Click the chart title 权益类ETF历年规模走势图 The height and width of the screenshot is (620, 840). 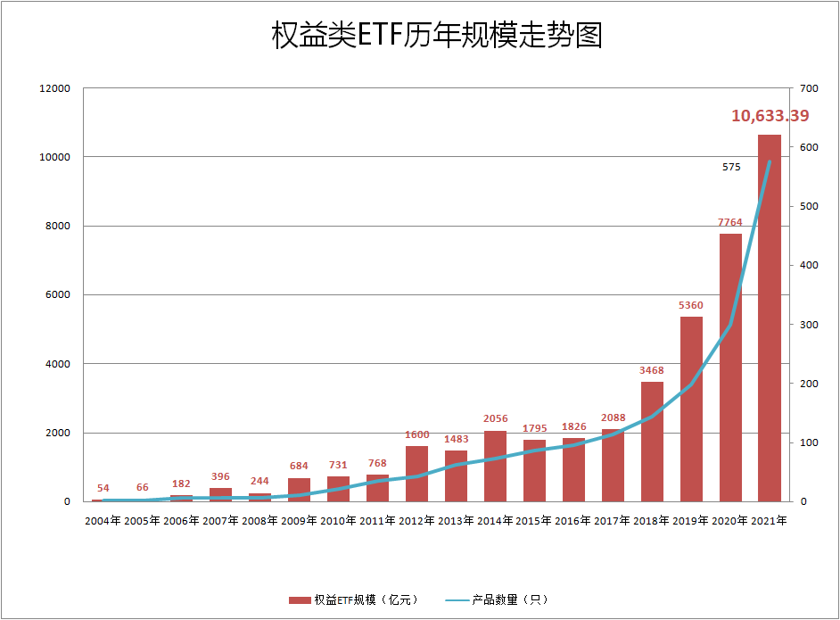pyautogui.click(x=437, y=35)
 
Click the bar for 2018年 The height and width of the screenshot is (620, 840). pyautogui.click(x=652, y=442)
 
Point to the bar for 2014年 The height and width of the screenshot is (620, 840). pyautogui.click(x=495, y=466)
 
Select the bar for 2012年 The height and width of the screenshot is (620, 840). pyautogui.click(x=416, y=474)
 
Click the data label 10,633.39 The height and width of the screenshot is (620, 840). pyautogui.click(x=770, y=116)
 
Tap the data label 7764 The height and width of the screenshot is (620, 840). pyautogui.click(x=730, y=222)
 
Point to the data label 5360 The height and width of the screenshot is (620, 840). pyautogui.click(x=691, y=305)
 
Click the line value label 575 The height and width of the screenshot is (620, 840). pyautogui.click(x=731, y=167)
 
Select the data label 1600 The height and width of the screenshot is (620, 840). pyautogui.click(x=416, y=434)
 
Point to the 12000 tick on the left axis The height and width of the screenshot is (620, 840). pyautogui.click(x=54, y=88)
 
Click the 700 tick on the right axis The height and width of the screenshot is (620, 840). pyautogui.click(x=810, y=88)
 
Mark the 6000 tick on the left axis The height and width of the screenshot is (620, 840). pyautogui.click(x=57, y=295)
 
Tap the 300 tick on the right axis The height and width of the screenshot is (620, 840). pyautogui.click(x=810, y=325)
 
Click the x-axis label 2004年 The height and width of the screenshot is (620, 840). pyautogui.click(x=103, y=520)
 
